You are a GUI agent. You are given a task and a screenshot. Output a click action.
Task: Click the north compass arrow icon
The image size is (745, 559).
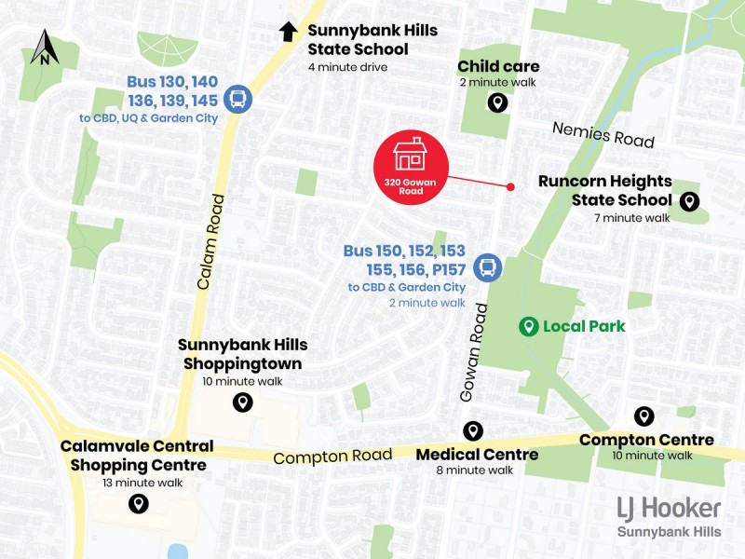pyautogui.click(x=44, y=48)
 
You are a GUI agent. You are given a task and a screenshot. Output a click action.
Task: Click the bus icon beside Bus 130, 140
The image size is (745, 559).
pyautogui.click(x=237, y=99)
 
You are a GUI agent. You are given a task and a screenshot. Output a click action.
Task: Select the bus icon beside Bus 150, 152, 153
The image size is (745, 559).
pyautogui.click(x=486, y=268)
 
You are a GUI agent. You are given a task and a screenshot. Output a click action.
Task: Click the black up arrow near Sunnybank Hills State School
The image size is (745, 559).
pyautogui.click(x=289, y=32)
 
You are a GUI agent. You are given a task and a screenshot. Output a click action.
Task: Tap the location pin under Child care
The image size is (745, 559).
pyautogui.click(x=498, y=102)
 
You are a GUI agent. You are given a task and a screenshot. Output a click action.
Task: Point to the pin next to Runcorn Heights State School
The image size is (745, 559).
pyautogui.click(x=690, y=200)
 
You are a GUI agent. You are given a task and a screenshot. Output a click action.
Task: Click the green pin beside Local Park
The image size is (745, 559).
pyautogui.click(x=528, y=326)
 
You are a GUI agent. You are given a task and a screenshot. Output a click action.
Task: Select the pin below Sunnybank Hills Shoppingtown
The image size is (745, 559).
pyautogui.click(x=242, y=402)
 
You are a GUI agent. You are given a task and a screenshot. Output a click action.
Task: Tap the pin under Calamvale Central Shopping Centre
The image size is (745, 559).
pyautogui.click(x=139, y=504)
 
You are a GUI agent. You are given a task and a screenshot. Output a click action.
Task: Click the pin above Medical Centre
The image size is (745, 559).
pyautogui.click(x=473, y=430)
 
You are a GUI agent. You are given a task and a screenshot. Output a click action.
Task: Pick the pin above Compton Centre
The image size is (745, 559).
pyautogui.click(x=643, y=416)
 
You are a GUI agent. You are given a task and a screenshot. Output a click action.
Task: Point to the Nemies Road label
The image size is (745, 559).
pyautogui.click(x=603, y=134)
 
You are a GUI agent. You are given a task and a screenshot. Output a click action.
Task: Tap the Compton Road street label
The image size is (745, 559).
pyautogui.click(x=332, y=457)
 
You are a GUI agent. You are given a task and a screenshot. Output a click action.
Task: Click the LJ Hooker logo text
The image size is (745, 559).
pyautogui.click(x=669, y=509)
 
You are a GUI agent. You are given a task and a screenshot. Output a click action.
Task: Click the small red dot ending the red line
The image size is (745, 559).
pyautogui.click(x=510, y=187)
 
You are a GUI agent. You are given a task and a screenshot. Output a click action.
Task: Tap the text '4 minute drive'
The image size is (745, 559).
pyautogui.click(x=347, y=67)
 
